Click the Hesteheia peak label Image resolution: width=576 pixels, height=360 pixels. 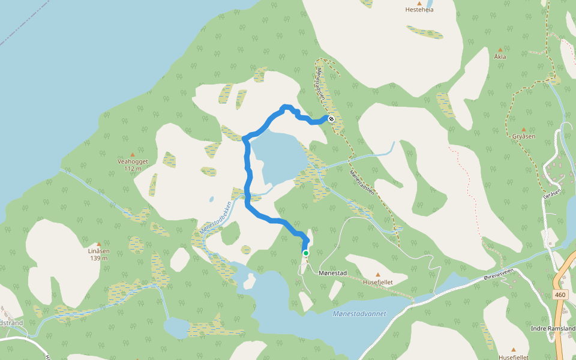(x=419, y=10)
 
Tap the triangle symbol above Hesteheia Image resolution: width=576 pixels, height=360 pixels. (x=419, y=2)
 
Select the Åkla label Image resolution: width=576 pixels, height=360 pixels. (x=500, y=56)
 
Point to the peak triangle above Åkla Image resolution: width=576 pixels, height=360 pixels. (x=500, y=49)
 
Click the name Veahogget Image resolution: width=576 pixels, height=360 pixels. (x=133, y=161)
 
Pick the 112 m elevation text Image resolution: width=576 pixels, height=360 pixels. (x=133, y=169)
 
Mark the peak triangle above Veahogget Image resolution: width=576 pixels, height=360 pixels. (x=133, y=155)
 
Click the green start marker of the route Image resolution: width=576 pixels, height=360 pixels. (x=306, y=253)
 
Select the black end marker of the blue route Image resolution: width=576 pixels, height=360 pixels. (x=331, y=119)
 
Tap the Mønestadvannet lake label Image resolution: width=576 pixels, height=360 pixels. (x=359, y=314)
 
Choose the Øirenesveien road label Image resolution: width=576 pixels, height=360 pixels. (x=499, y=273)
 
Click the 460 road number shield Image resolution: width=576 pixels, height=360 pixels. (x=560, y=295)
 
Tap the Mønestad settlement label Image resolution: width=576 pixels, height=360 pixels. (x=333, y=274)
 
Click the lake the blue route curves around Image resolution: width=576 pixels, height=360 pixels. (x=274, y=159)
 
